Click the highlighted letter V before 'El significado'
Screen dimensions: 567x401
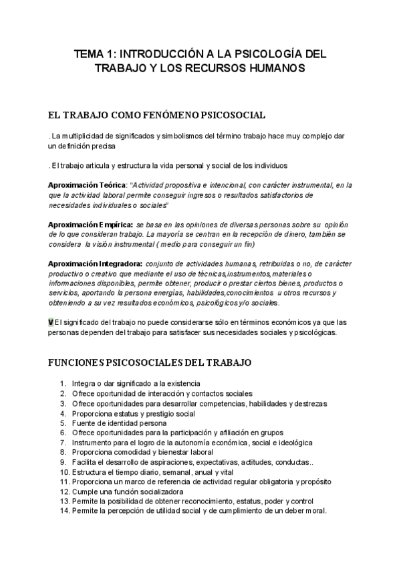[x=51, y=322]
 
